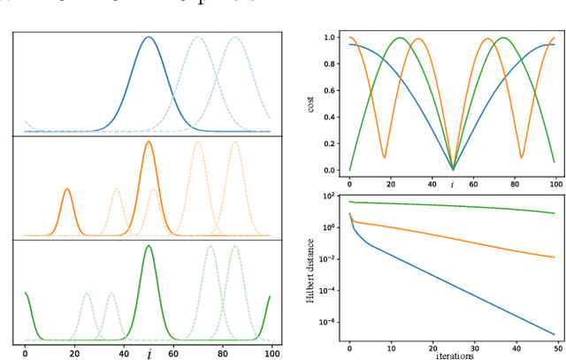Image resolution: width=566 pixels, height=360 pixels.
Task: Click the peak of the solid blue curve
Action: click(x=149, y=37)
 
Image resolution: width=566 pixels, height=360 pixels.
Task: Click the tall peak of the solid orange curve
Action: click(x=149, y=142)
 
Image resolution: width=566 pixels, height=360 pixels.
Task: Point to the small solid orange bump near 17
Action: click(x=67, y=189)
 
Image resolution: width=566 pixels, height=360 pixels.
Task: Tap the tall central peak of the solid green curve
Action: click(x=148, y=246)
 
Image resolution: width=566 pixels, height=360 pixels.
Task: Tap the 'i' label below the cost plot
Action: click(x=452, y=184)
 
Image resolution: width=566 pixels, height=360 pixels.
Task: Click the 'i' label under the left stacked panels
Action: click(x=149, y=354)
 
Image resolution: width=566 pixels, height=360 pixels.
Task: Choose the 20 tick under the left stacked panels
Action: click(x=74, y=353)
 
